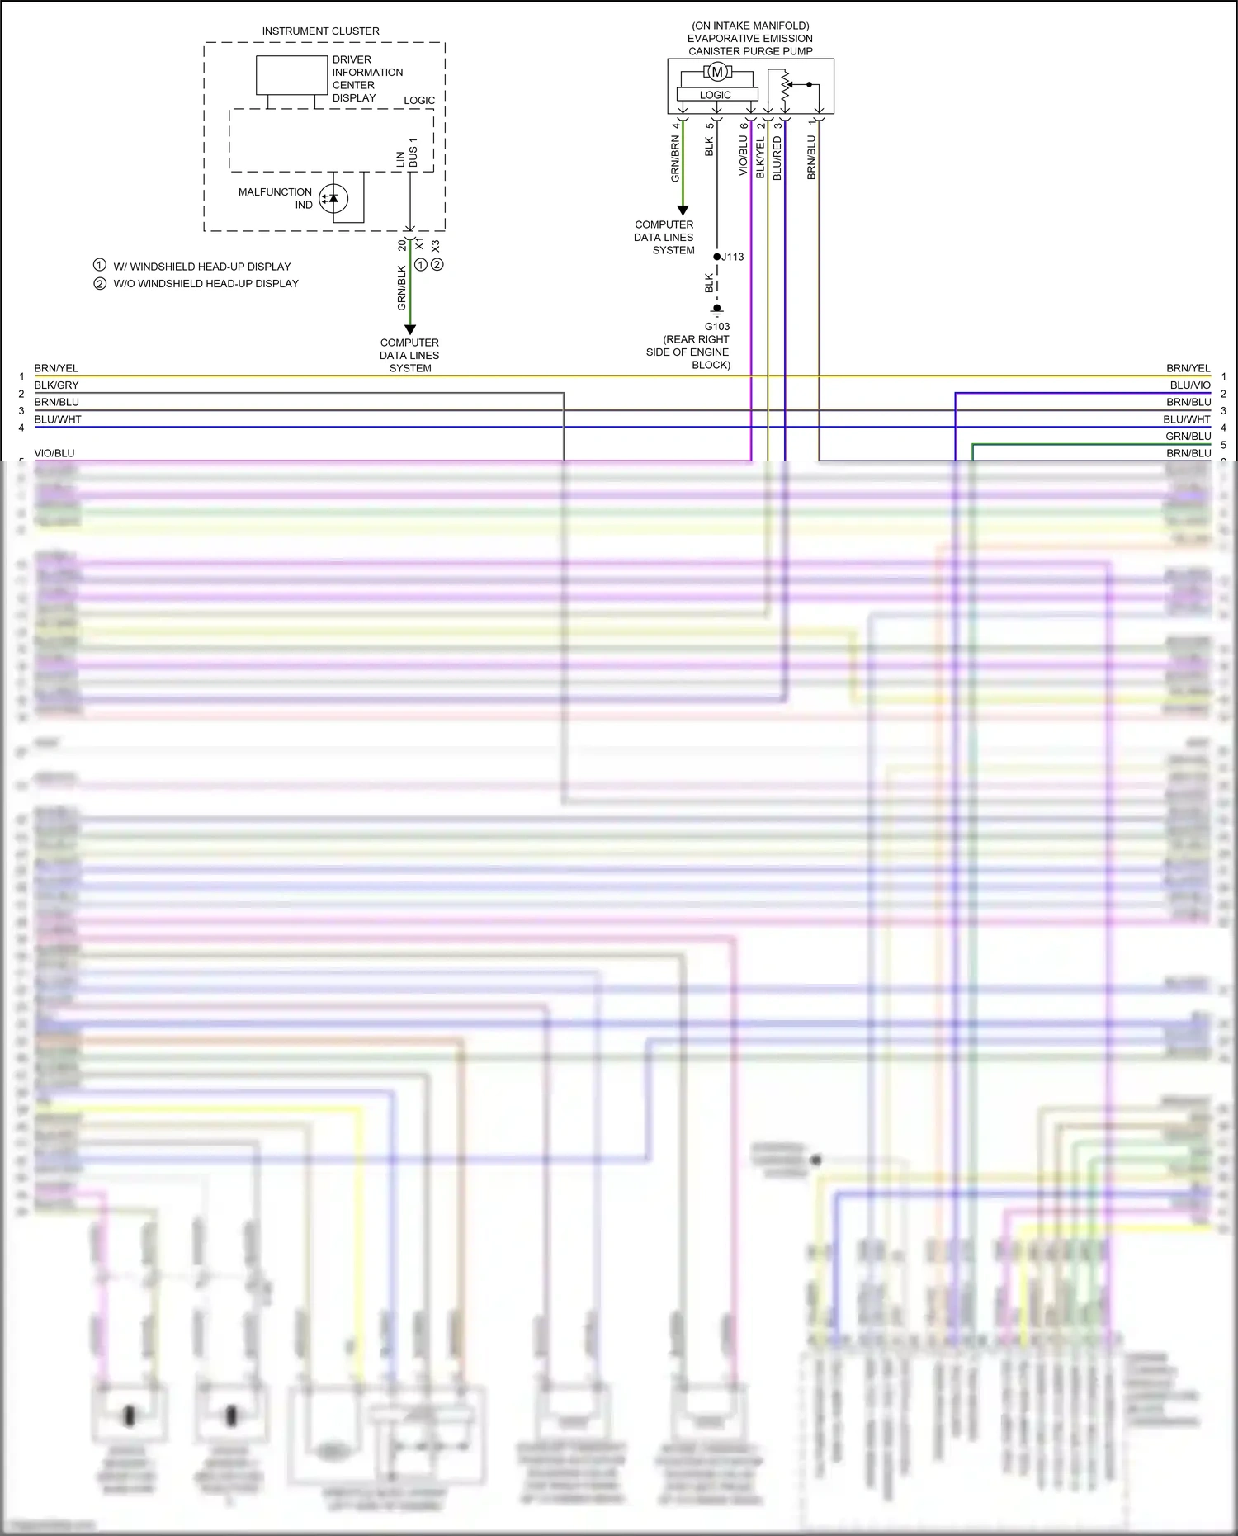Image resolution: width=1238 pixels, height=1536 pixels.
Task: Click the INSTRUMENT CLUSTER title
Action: [x=320, y=31]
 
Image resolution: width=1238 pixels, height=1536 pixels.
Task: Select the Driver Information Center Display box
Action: [x=291, y=75]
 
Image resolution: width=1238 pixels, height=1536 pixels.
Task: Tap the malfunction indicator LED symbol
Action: [x=333, y=198]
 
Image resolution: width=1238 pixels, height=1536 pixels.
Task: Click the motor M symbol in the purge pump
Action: [x=716, y=72]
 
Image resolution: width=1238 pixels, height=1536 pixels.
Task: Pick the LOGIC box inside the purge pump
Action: [x=715, y=95]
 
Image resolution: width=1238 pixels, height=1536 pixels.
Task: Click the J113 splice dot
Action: [x=716, y=257]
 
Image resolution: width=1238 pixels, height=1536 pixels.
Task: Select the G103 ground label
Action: [x=716, y=326]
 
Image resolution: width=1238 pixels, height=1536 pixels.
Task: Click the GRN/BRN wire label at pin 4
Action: [x=675, y=159]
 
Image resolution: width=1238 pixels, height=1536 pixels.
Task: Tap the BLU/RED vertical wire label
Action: [x=777, y=158]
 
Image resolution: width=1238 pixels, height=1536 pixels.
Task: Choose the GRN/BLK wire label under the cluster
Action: [x=402, y=288]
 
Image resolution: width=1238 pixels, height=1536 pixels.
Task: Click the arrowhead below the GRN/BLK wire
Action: [x=410, y=329]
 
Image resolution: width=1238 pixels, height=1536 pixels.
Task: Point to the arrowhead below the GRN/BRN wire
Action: [x=683, y=210]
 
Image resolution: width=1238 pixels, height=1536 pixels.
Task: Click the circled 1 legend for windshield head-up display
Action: [x=100, y=266]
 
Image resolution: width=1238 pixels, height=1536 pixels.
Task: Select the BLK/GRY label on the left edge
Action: [x=56, y=385]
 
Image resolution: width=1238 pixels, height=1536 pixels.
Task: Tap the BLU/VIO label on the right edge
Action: [x=1189, y=385]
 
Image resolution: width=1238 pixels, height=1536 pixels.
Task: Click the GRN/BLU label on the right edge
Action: [x=1188, y=437]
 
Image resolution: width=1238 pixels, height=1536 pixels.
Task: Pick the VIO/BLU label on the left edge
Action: [x=54, y=453]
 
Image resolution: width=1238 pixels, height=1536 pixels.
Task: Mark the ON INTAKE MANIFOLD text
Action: [x=750, y=26]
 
